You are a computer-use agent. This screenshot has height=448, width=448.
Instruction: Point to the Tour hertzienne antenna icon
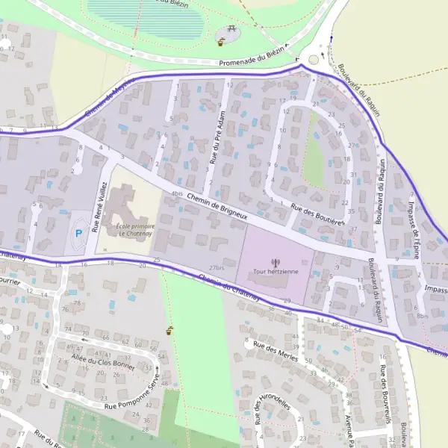pyautogui.click(x=276, y=262)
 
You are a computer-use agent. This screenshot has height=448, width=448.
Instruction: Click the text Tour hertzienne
pyautogui.click(x=276, y=272)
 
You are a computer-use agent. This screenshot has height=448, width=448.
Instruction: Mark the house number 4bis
pyautogui.click(x=176, y=194)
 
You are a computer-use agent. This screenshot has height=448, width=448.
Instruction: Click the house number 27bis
pyautogui.click(x=217, y=267)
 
